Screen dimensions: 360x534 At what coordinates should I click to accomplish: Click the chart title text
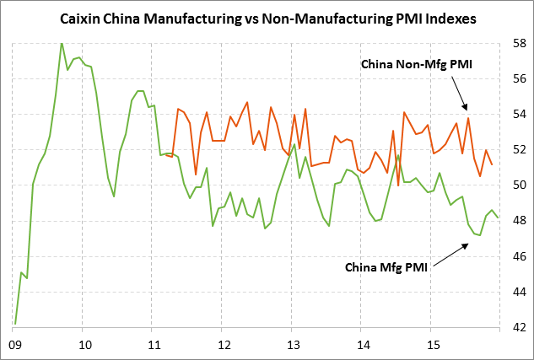267,18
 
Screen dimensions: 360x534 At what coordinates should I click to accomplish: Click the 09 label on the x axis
14,345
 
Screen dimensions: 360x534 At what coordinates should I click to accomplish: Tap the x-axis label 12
224,345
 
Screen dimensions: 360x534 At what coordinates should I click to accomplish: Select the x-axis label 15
431,345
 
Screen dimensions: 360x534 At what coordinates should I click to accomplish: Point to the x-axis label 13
293,345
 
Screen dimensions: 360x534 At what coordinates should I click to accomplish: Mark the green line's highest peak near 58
62,43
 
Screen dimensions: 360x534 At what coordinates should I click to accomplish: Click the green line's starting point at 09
15,323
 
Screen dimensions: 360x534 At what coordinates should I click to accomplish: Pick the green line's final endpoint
498,218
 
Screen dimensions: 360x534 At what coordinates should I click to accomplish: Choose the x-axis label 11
154,345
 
